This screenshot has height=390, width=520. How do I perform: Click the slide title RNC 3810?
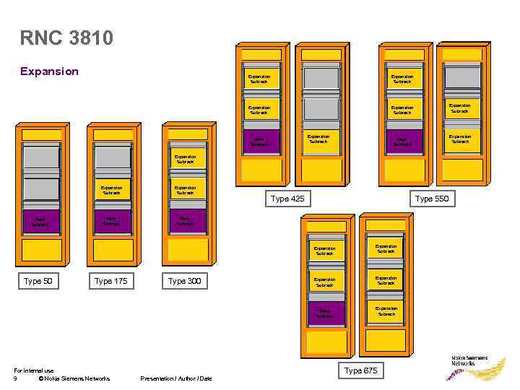(66, 38)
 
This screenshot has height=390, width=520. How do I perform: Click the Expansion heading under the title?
(49, 71)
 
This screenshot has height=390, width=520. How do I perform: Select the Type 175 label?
(110, 281)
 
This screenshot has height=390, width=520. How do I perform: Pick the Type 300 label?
(184, 281)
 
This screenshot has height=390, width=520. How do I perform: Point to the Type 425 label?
(287, 199)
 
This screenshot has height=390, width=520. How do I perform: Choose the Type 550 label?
(431, 199)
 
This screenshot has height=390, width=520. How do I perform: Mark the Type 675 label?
(361, 370)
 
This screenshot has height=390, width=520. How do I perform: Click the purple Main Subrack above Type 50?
(40, 222)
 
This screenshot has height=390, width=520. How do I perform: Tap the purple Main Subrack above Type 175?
(112, 221)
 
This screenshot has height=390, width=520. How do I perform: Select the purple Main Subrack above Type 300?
(185, 221)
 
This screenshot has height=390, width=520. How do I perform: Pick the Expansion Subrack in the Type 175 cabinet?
(112, 190)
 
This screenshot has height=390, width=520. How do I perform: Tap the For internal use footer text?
(33, 370)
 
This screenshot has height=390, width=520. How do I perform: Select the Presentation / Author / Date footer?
(176, 378)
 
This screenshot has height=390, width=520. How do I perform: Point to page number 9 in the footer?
(15, 378)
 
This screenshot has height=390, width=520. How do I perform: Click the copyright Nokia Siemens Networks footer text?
(74, 378)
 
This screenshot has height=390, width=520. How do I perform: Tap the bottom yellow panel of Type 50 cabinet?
(40, 250)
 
